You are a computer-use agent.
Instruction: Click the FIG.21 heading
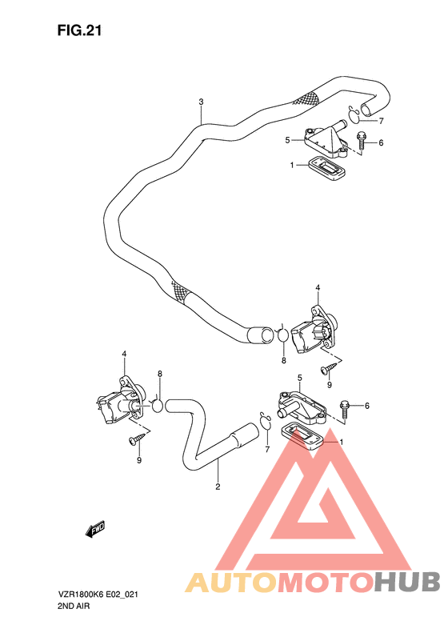coord(79,30)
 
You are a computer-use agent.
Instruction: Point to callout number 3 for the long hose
coord(202,102)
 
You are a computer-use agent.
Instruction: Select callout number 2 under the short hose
coord(218,485)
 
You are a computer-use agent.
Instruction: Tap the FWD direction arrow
coord(96,527)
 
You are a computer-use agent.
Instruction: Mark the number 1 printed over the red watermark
coord(342,443)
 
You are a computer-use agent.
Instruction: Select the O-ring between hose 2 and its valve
coord(158,405)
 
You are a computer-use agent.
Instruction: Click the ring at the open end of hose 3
coord(282,335)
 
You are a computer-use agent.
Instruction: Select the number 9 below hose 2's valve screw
coord(139,461)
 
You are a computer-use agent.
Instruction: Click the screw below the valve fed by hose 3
coord(329,369)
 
